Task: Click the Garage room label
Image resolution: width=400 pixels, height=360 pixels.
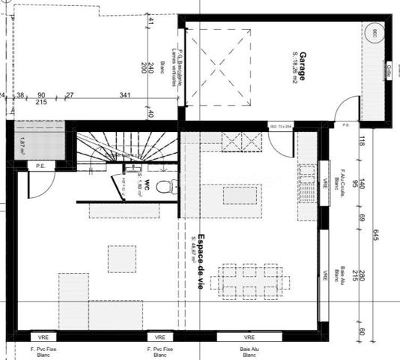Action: click(x=300, y=67)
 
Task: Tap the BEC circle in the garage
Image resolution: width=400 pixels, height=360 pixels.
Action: click(x=372, y=32)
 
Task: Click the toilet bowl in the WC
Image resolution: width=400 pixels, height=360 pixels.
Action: click(x=171, y=185)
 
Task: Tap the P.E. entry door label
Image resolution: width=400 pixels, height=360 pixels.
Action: click(x=40, y=166)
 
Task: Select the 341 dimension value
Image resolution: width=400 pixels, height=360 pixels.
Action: click(x=126, y=95)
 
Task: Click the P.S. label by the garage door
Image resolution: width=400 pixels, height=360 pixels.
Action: click(x=346, y=124)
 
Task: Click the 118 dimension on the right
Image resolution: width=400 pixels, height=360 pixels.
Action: click(x=361, y=138)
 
